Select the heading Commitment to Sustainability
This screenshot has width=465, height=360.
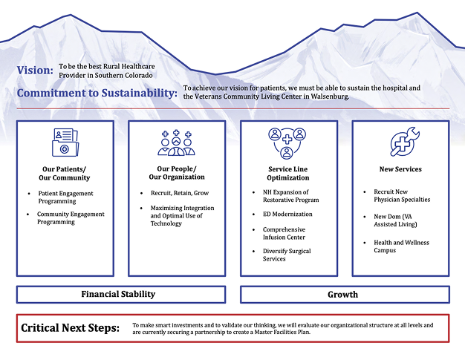tap(97, 93)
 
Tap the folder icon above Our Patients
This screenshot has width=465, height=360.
tap(65, 143)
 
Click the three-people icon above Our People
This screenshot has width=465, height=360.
tap(177, 143)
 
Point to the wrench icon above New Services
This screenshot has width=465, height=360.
tap(405, 142)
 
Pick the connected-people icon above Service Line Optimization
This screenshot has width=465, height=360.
tap(287, 143)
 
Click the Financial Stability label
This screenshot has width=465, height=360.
tap(118, 294)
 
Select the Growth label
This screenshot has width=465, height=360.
tap(343, 295)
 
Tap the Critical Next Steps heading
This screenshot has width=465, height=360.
tap(71, 328)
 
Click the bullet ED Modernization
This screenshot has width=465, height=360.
tap(287, 215)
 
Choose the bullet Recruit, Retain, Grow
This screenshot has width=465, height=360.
tap(180, 193)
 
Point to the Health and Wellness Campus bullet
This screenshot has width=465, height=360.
tap(402, 246)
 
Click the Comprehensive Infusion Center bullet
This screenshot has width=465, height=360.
tap(284, 233)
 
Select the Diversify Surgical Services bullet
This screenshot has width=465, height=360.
tap(287, 255)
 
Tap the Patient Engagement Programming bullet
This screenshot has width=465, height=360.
tap(65, 197)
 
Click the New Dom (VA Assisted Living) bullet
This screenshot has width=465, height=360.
tap(395, 220)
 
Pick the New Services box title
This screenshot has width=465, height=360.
tap(400, 169)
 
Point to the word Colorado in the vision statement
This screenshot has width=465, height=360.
tap(139, 75)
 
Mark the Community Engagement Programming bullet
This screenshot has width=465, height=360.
tap(71, 217)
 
